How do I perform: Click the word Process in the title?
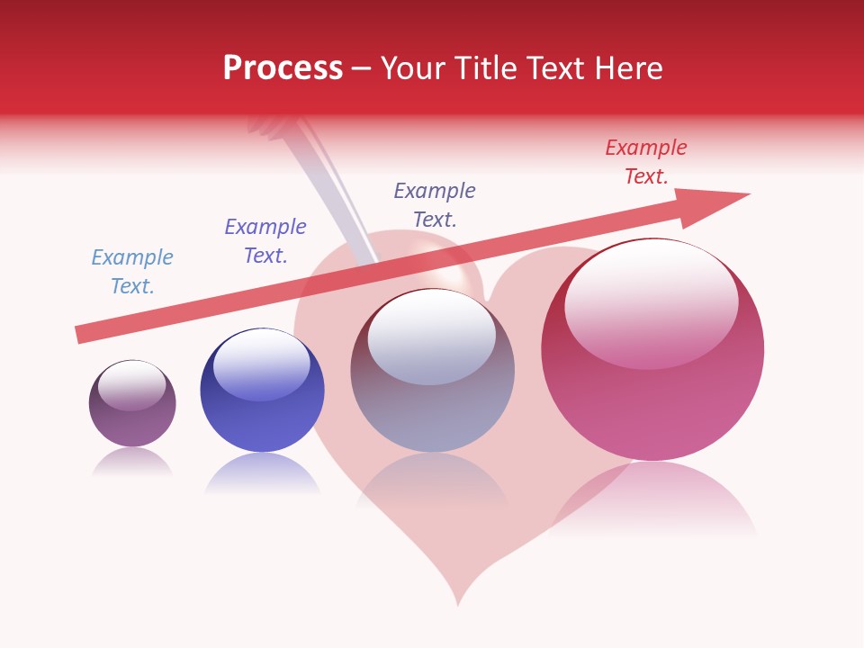[x=283, y=68]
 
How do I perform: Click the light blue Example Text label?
[x=132, y=272]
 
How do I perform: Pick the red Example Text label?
[x=646, y=162]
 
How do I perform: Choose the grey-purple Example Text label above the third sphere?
[x=435, y=205]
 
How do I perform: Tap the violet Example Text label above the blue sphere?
[x=265, y=241]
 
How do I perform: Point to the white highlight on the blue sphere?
[x=261, y=364]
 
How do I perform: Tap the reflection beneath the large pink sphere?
[x=652, y=499]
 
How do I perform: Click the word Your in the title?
[x=414, y=68]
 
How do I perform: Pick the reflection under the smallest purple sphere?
[x=132, y=462]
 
